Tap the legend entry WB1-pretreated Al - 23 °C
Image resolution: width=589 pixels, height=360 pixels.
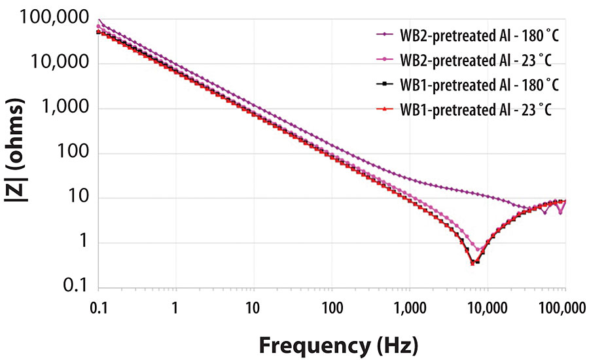475,110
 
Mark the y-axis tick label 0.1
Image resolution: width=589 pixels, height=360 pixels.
77,287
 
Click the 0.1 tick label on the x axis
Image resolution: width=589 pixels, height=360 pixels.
98,307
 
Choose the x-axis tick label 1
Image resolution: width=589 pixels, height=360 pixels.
175,307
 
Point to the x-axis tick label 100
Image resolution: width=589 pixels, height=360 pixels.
331,307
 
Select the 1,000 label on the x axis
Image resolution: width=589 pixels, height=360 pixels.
410,307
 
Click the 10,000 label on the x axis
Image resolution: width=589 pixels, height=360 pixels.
488,307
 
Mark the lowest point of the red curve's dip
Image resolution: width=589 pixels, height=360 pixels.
473,263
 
